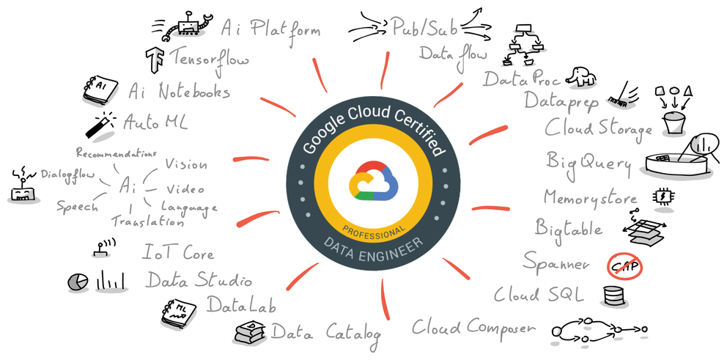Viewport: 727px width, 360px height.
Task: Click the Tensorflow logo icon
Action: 155,58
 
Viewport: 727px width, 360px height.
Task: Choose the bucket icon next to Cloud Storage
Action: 673,122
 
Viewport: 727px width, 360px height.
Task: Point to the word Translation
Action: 147,220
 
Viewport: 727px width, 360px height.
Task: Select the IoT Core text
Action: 178,254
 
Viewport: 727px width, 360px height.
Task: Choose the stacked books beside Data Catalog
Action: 249,331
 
